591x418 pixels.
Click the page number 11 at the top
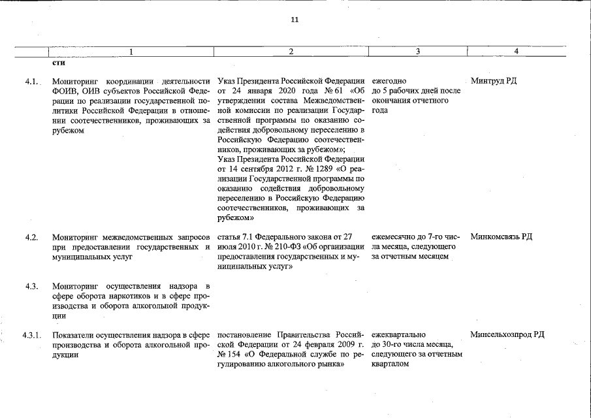point(295,20)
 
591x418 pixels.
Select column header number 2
point(291,52)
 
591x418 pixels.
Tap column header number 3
point(417,52)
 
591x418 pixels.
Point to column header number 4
point(516,52)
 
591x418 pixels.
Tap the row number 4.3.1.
point(31,335)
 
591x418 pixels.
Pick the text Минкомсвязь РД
point(501,236)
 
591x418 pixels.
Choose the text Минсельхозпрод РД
point(507,335)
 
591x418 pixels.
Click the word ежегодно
point(389,81)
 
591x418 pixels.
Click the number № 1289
point(314,169)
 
